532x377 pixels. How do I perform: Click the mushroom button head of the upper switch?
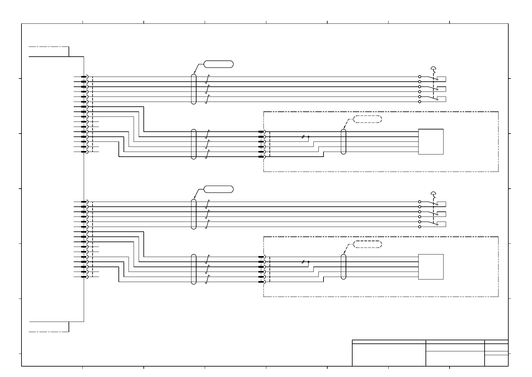coord(433,67)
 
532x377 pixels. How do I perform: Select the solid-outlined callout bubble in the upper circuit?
coord(219,64)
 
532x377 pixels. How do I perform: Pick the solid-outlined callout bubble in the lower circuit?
coord(219,189)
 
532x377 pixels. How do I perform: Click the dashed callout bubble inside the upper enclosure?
coord(367,119)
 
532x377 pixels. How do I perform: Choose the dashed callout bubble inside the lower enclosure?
coord(367,244)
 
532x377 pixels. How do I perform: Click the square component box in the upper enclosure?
coord(431,141)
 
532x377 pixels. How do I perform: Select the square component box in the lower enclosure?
coord(431,267)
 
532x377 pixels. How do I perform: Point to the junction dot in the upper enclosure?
coord(308,137)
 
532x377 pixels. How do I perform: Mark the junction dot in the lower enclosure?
coord(308,262)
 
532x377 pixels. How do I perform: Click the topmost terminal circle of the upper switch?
coord(420,77)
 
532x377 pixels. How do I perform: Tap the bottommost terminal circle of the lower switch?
coord(420,227)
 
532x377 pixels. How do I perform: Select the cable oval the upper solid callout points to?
coord(194,89)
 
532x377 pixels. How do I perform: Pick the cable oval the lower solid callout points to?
coord(194,214)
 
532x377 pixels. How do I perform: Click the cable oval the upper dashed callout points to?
coord(344,141)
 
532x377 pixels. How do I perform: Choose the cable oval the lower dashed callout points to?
coord(344,267)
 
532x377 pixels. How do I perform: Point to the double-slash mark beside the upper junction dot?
coord(303,137)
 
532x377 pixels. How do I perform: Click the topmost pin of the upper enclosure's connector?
coord(261,132)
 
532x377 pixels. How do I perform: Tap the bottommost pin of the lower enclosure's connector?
coord(261,282)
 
